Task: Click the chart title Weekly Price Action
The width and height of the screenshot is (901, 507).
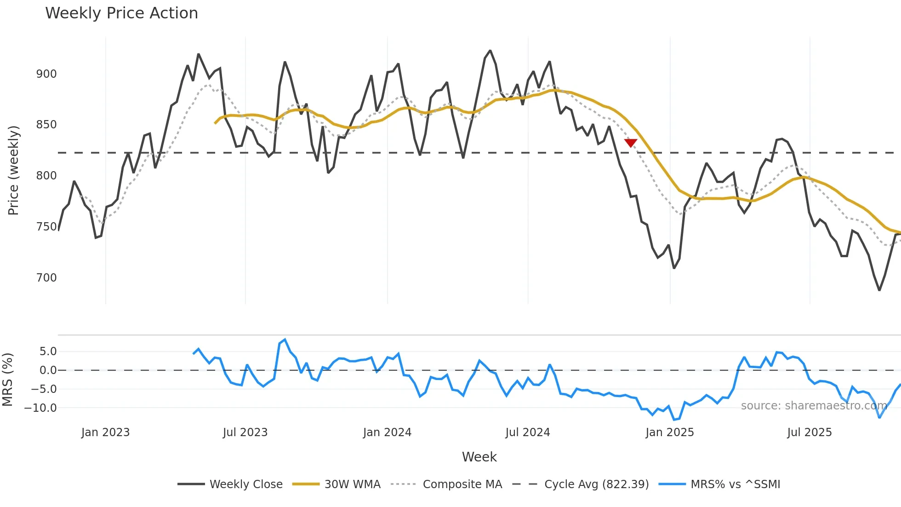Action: click(121, 13)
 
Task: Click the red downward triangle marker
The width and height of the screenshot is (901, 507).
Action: click(631, 143)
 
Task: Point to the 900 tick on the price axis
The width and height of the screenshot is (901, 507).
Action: click(46, 74)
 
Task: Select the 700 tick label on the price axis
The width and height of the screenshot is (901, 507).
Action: click(46, 278)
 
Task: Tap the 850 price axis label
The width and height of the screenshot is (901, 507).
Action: click(46, 125)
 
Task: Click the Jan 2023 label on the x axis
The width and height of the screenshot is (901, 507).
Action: click(105, 432)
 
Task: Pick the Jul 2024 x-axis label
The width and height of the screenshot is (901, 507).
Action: click(527, 432)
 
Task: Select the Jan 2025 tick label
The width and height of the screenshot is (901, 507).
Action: click(669, 432)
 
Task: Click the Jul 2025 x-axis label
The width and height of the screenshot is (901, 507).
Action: click(809, 432)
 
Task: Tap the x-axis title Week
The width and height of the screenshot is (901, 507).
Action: click(479, 457)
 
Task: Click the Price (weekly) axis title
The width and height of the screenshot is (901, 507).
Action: click(13, 170)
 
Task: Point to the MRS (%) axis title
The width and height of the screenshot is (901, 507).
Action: click(7, 380)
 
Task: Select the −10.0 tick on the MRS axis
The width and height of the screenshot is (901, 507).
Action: click(40, 408)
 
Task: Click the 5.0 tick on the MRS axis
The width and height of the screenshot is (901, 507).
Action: click(48, 351)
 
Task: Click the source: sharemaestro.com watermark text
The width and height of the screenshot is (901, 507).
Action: click(814, 406)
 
